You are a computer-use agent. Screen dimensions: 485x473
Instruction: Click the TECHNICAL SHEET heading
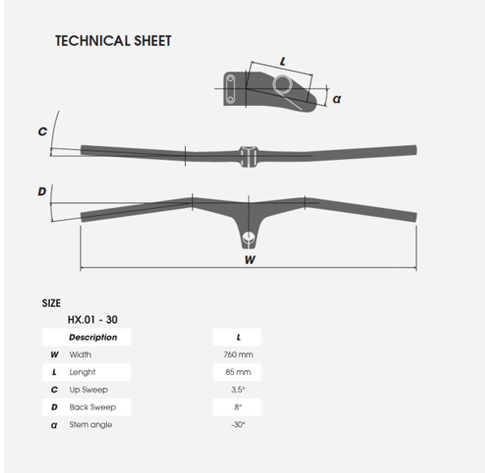click(113, 41)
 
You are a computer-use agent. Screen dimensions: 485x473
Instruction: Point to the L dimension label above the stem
click(283, 61)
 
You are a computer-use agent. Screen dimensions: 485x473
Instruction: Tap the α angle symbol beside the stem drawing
click(337, 99)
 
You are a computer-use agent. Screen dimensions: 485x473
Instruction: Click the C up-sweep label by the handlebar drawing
click(42, 131)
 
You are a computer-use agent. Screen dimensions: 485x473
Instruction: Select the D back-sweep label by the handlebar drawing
click(42, 192)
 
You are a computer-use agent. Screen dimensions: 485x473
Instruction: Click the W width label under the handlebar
click(250, 259)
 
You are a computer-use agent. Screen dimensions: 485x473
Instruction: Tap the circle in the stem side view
click(282, 84)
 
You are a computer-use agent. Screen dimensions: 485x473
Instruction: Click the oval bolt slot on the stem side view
click(231, 89)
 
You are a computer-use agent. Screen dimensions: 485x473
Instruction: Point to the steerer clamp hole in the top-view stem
click(249, 238)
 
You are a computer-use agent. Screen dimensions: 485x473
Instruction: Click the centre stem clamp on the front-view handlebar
click(249, 157)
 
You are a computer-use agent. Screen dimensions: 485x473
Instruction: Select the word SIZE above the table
click(51, 303)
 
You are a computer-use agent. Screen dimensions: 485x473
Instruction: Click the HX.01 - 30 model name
click(92, 320)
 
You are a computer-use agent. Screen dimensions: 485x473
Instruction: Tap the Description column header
click(93, 337)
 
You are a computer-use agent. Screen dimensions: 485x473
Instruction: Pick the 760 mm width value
click(238, 355)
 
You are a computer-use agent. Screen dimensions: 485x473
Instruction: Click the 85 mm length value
click(238, 372)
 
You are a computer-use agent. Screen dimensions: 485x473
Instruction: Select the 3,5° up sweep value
click(238, 390)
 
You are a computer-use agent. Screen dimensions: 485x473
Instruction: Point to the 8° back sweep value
click(238, 407)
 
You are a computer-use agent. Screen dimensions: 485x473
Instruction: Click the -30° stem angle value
click(238, 424)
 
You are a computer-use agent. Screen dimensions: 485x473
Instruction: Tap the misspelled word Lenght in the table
click(82, 373)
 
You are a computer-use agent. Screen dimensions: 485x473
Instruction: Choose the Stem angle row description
click(90, 425)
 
